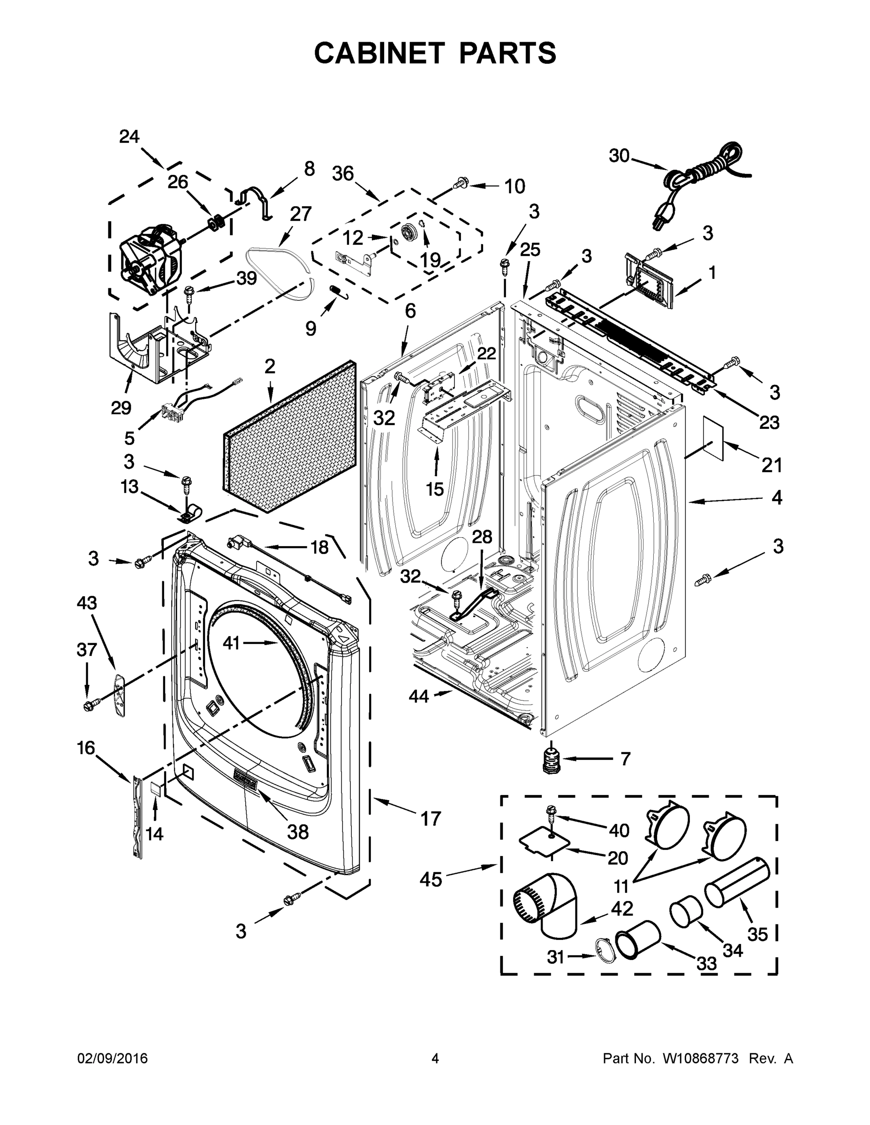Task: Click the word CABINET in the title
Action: [x=379, y=53]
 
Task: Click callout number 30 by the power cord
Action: [x=619, y=155]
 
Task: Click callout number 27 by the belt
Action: [x=301, y=213]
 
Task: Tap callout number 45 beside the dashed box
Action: [x=431, y=879]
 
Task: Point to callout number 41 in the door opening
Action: [x=231, y=642]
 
